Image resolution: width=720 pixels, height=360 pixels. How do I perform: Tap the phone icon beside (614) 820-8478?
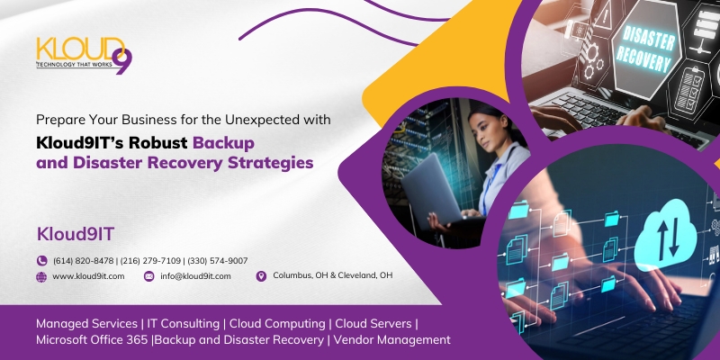41,261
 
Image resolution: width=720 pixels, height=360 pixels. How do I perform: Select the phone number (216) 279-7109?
150,261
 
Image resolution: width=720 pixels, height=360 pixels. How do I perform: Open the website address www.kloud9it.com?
88,276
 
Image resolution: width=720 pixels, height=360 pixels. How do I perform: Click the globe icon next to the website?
41,276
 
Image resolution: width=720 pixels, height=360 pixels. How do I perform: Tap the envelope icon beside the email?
148,276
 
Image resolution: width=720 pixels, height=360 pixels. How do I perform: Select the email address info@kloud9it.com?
195,276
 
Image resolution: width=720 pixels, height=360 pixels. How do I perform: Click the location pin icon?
261,276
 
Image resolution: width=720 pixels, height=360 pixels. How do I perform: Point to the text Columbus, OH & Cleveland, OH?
332,275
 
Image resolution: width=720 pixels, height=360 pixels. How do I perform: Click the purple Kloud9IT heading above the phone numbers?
76,234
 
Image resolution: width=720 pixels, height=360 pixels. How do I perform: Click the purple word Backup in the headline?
223,143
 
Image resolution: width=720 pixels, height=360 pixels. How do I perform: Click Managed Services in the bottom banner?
86,324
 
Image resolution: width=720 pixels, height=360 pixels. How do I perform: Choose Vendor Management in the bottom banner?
392,340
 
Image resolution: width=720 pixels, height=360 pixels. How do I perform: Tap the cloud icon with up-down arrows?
666,237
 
